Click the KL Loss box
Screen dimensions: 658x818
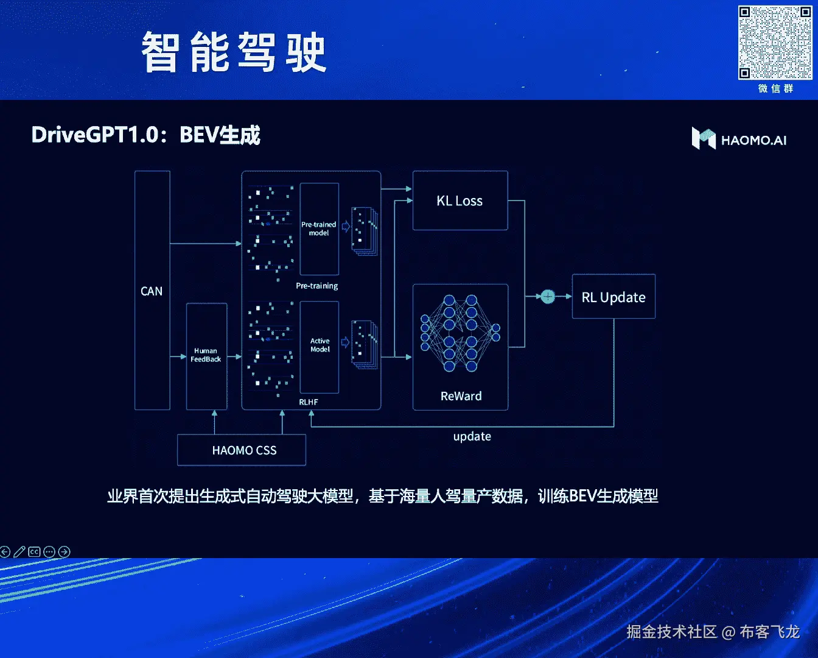point(460,200)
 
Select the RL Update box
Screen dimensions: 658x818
point(613,297)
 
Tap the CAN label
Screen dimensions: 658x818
point(152,291)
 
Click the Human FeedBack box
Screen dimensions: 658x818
point(206,356)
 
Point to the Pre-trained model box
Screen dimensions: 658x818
point(319,229)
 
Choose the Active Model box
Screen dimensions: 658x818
point(320,346)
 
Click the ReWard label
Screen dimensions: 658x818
point(461,396)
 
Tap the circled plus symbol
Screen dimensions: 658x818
point(548,297)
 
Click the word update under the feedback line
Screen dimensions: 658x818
point(472,436)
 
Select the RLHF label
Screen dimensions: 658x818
point(309,402)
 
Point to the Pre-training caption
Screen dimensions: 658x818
point(316,286)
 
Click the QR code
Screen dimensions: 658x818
point(775,43)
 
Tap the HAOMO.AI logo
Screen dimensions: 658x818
point(739,139)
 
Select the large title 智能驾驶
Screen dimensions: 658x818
point(234,53)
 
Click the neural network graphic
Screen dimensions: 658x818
point(460,333)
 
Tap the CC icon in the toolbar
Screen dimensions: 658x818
point(34,552)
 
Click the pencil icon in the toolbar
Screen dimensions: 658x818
point(19,552)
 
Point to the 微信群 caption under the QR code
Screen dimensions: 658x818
point(775,89)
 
